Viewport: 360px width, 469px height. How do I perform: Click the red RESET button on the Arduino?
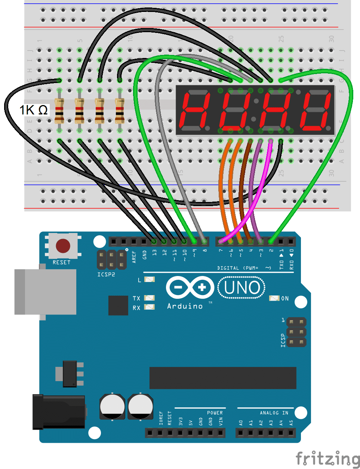pos(62,246)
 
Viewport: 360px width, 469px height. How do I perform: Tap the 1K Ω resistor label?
pos(34,110)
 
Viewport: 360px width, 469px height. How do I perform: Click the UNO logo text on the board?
pos(242,288)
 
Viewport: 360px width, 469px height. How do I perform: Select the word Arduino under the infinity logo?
pos(185,306)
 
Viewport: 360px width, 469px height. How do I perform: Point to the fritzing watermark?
pos(327,459)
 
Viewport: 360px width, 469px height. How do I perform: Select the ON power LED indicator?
pos(274,298)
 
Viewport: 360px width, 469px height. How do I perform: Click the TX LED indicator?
pos(150,298)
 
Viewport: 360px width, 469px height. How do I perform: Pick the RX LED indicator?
pos(150,307)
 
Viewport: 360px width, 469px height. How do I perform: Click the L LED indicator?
pos(150,279)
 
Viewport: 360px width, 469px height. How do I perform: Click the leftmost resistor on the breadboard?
pos(59,111)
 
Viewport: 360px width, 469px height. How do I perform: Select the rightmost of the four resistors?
pos(120,111)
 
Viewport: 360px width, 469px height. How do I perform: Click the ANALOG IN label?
pos(274,413)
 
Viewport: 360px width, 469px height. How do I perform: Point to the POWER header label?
pos(215,413)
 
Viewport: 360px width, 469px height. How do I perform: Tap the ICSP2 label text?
pos(106,275)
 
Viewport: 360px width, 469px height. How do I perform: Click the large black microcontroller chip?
pos(223,378)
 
